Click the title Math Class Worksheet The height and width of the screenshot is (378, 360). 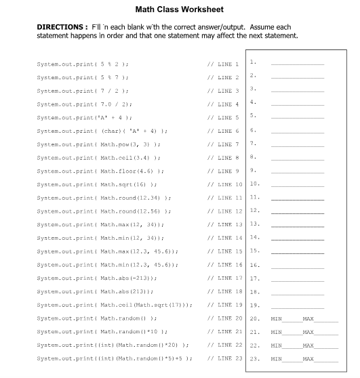coord(180,9)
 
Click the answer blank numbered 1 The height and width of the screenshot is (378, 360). coord(298,64)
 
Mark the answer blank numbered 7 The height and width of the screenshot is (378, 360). coord(298,144)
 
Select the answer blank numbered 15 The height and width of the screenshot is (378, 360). coord(298,251)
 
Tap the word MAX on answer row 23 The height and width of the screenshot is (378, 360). coord(308,358)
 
